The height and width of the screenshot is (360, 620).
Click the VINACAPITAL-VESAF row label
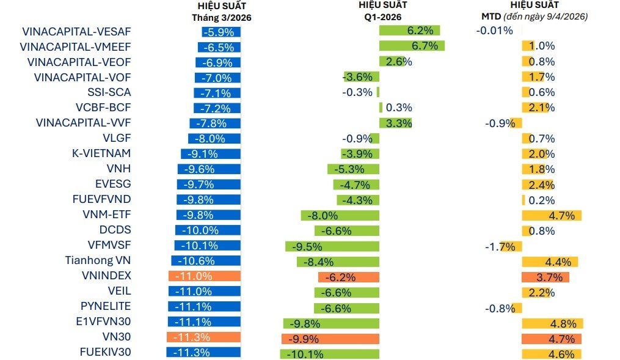click(x=76, y=31)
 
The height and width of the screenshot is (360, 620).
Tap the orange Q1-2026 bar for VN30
click(x=330, y=338)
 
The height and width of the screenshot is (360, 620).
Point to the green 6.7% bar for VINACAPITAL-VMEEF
click(x=411, y=46)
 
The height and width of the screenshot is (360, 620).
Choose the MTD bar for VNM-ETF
click(x=551, y=215)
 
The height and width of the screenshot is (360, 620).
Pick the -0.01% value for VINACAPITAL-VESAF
click(x=494, y=31)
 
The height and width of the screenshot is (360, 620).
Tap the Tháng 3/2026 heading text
click(x=221, y=18)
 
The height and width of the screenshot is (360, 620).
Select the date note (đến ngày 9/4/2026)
click(x=552, y=17)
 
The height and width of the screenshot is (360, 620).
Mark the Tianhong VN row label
click(x=98, y=261)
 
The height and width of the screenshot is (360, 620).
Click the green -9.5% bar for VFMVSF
click(x=332, y=246)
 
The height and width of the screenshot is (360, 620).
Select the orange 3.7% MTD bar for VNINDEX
click(x=545, y=277)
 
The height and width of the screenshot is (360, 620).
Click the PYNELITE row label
click(x=106, y=307)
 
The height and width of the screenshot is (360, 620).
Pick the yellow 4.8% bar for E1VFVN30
click(x=552, y=323)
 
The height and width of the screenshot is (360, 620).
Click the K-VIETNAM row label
click(x=101, y=153)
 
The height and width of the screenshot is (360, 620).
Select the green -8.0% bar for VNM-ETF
click(x=340, y=215)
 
